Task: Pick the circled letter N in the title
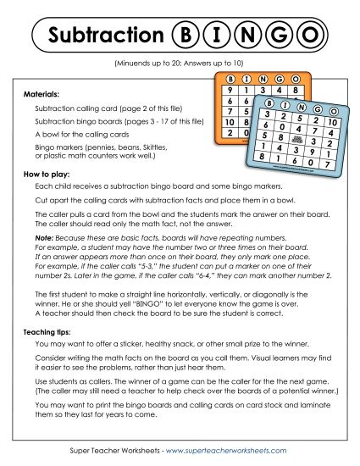point(247,35)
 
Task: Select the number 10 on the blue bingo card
point(332,123)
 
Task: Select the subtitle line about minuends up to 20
point(180,64)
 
